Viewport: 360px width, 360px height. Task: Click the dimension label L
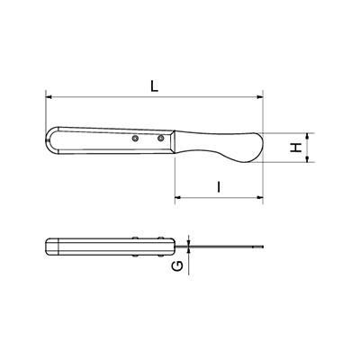(x=154, y=86)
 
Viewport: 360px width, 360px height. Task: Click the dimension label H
(x=297, y=148)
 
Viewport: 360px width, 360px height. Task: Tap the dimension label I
(x=219, y=186)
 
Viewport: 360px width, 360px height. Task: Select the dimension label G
(x=178, y=265)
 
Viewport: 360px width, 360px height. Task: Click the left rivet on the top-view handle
(x=136, y=138)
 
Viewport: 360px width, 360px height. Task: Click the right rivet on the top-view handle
(x=161, y=138)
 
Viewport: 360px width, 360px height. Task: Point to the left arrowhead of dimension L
(x=49, y=97)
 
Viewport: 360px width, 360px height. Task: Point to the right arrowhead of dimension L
(x=260, y=97)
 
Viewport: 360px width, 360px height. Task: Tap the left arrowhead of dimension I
(x=178, y=197)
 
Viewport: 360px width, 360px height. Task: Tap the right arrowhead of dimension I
(x=260, y=197)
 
